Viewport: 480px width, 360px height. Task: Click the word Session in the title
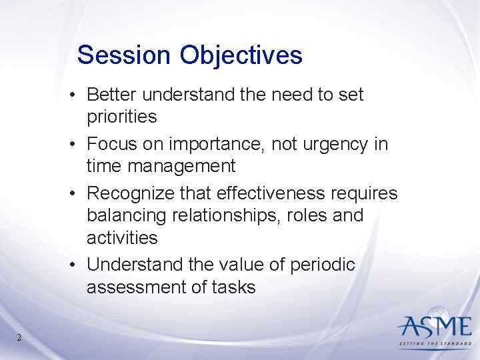point(124,55)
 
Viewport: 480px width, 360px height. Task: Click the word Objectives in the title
point(241,55)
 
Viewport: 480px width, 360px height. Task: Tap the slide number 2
point(19,337)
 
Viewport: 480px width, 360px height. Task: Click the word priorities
point(122,117)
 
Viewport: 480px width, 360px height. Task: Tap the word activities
point(122,238)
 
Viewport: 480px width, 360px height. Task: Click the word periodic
point(322,265)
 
